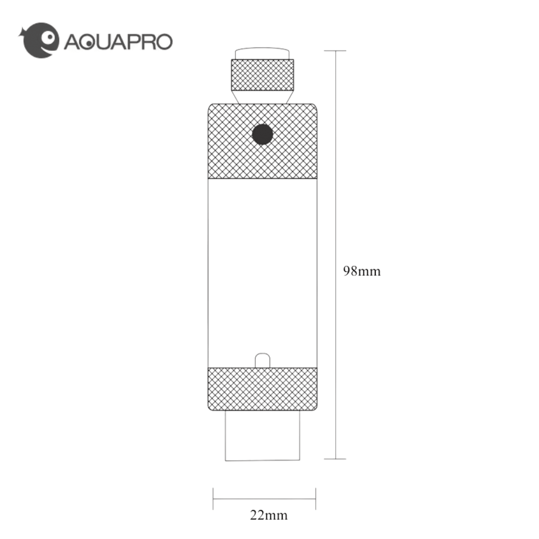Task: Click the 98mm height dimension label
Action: (x=361, y=271)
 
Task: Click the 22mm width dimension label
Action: (x=269, y=515)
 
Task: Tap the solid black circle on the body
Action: (x=262, y=134)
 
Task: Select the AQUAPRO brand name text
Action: (x=118, y=42)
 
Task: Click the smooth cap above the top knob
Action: (x=262, y=53)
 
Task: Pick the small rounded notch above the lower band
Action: (x=262, y=360)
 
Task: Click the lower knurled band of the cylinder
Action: (x=262, y=389)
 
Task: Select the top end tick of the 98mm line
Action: (x=335, y=51)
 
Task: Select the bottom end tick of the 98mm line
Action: (x=335, y=459)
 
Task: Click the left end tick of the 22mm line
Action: (x=213, y=499)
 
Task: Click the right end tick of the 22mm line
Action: (x=315, y=499)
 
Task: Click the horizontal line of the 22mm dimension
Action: (x=264, y=499)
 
